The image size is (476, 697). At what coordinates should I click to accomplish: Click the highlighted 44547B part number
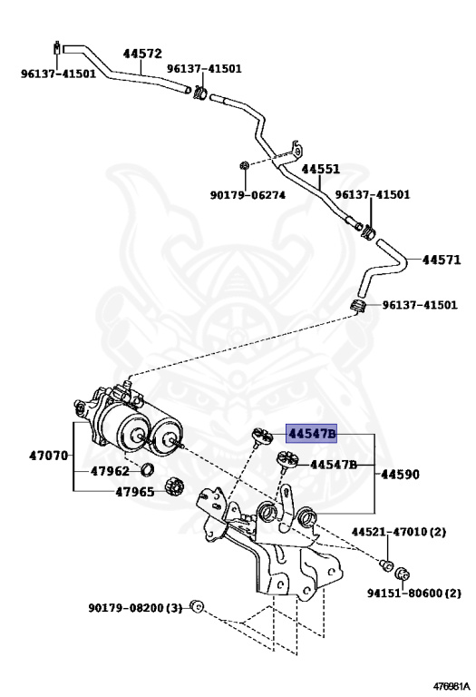coord(312,434)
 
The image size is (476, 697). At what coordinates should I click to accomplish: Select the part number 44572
coord(142,54)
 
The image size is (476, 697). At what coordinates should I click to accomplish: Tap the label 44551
coord(321,170)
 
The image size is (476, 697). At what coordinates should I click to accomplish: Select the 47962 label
coord(110,471)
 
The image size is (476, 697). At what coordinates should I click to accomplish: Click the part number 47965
coord(110,493)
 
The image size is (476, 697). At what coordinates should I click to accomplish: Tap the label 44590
coord(398,474)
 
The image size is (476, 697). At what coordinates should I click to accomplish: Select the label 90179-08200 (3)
coord(135,606)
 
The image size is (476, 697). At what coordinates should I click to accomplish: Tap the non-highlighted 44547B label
coord(334,465)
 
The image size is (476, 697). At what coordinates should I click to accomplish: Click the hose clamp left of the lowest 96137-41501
coord(358,303)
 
